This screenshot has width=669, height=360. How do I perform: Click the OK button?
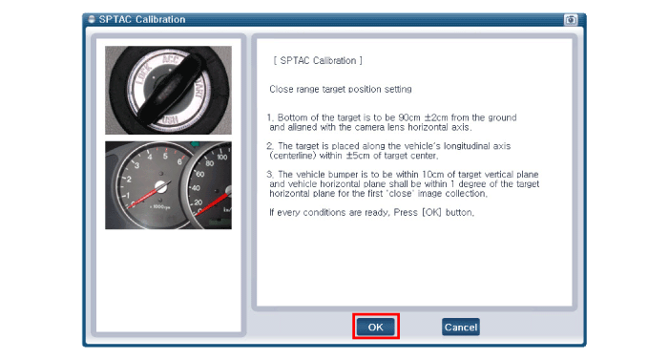point(375,327)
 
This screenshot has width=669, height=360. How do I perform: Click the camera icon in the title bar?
point(571,20)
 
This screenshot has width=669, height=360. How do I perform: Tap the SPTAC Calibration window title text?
point(142,19)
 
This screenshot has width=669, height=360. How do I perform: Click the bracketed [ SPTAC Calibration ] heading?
point(318,61)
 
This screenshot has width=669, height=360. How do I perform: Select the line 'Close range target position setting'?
point(341,89)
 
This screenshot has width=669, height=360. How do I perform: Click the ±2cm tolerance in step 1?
point(436,117)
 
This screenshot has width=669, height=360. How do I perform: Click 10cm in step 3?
point(433,174)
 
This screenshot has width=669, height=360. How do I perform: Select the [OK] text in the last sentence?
point(431,212)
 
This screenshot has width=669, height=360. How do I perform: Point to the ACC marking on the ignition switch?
point(172,59)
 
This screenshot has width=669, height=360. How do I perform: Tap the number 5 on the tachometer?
point(165,156)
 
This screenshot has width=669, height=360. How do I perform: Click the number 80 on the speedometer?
point(210,163)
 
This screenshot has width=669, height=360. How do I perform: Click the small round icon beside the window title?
point(92,19)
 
